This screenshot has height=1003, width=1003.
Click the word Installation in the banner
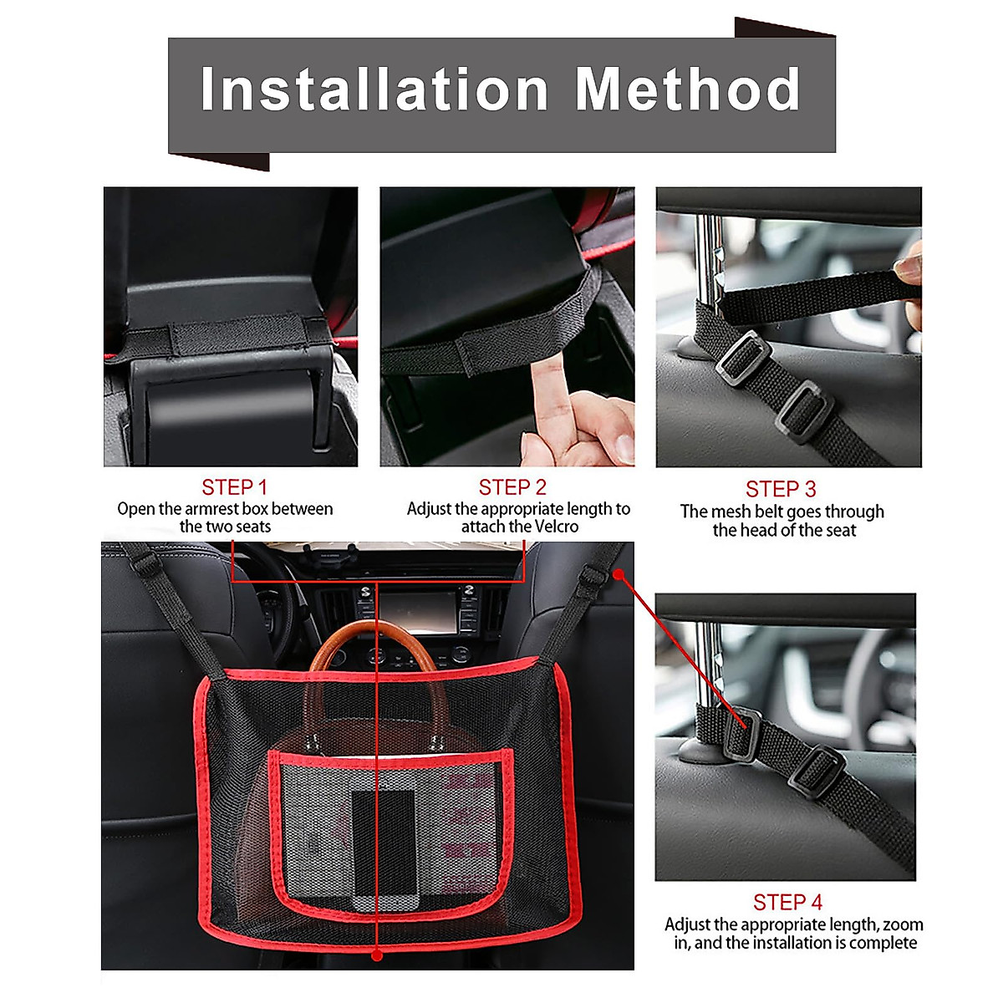(x=374, y=89)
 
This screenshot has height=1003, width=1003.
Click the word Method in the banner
(x=688, y=89)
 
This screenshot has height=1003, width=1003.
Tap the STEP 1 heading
(x=234, y=487)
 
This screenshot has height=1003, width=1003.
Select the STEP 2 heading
(x=512, y=487)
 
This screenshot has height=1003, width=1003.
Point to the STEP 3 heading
(x=781, y=489)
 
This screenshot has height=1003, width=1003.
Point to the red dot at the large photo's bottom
(x=377, y=953)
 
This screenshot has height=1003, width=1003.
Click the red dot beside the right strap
(x=619, y=574)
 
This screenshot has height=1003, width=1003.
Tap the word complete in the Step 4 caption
(x=883, y=943)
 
